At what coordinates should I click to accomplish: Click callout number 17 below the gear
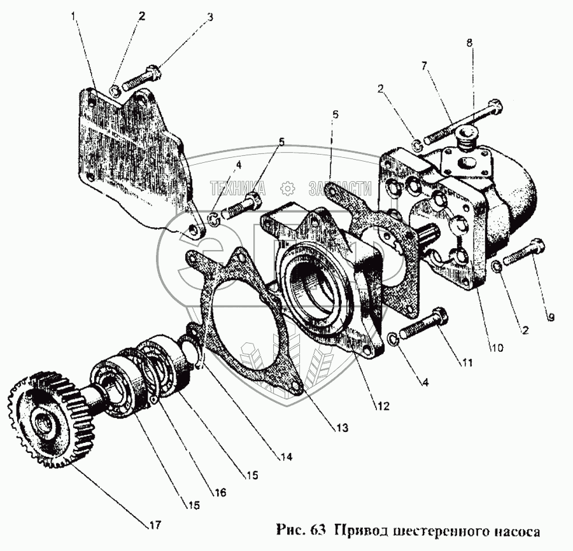[x=155, y=526]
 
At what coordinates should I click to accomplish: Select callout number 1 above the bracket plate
[x=76, y=15]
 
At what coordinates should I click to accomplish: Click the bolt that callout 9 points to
[x=524, y=253]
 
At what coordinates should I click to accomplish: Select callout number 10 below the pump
[x=497, y=347]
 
